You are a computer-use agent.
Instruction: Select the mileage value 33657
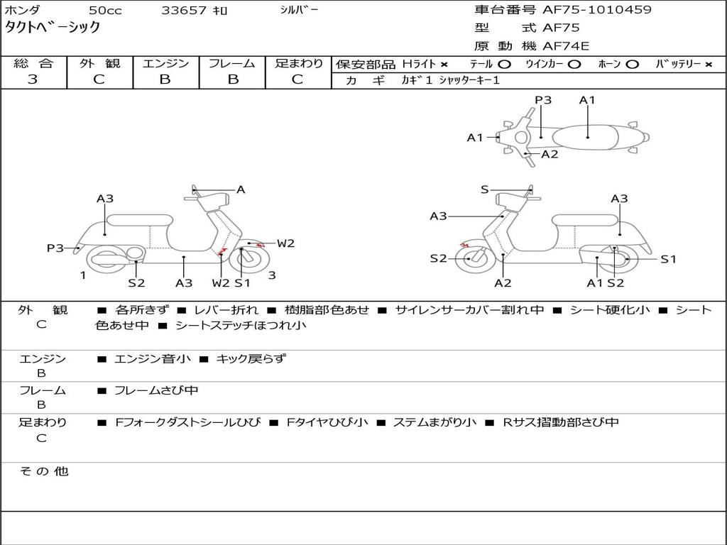[184, 11]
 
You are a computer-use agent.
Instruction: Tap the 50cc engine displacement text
[104, 11]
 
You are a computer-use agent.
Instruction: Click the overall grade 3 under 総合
[33, 79]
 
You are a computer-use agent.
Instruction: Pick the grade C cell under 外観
[99, 79]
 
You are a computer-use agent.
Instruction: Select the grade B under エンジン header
[165, 79]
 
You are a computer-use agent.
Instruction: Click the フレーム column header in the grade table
[231, 63]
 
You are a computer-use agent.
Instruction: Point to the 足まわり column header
[298, 63]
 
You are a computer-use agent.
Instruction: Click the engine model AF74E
[566, 47]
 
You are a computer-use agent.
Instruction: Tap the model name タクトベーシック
[53, 28]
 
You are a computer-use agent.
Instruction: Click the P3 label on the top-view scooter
[543, 100]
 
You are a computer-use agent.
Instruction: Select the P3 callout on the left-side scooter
[55, 248]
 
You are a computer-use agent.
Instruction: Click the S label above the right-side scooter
[485, 189]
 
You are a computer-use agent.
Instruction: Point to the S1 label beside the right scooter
[668, 259]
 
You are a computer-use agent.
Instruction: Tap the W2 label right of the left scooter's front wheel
[285, 243]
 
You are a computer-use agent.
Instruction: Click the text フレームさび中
[156, 390]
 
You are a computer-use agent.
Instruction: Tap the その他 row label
[43, 471]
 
